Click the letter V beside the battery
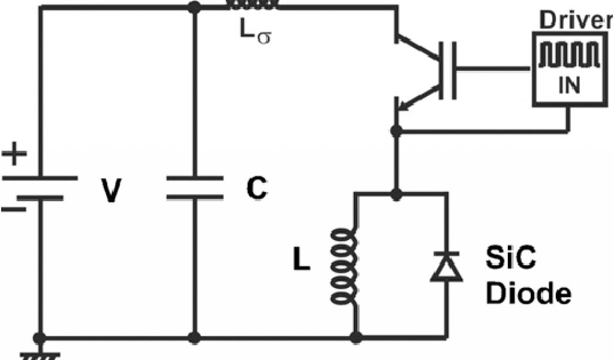110,192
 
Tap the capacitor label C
256,190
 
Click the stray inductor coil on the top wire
252,6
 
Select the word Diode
528,293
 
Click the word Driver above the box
574,20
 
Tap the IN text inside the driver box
569,86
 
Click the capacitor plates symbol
194,188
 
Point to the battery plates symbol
40,187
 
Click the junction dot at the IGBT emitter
395,130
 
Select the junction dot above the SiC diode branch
395,193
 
